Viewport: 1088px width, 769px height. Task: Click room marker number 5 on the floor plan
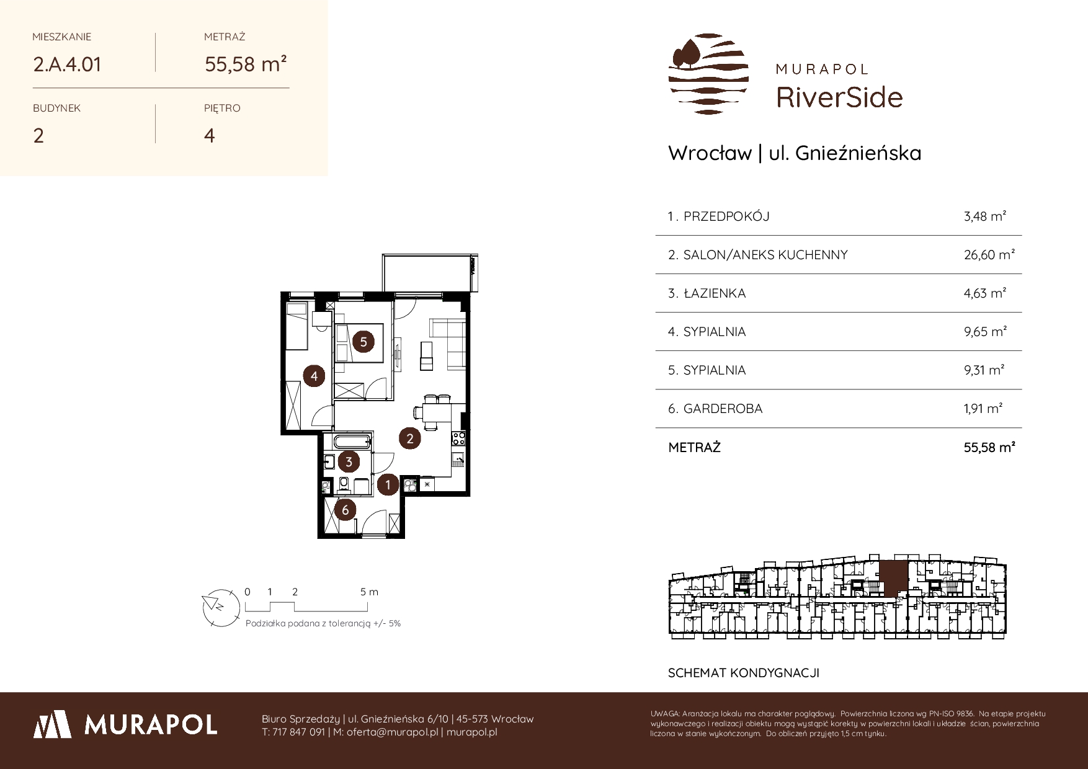[363, 342]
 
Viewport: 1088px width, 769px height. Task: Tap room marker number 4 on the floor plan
[314, 376]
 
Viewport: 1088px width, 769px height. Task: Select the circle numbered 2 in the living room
[410, 439]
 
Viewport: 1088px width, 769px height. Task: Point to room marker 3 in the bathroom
[349, 462]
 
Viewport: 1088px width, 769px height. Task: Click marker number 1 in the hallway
[388, 484]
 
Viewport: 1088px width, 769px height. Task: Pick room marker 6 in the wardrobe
[346, 510]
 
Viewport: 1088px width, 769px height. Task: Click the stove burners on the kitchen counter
[458, 438]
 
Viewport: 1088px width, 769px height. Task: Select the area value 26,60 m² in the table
[989, 254]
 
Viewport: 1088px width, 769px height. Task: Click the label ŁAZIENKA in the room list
[715, 293]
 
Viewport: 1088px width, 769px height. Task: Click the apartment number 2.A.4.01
[67, 64]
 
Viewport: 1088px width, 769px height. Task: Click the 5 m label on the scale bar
[369, 592]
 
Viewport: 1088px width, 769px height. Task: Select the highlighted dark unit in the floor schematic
[893, 578]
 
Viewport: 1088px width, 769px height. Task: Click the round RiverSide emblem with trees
[708, 74]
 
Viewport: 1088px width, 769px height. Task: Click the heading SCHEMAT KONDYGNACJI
[744, 673]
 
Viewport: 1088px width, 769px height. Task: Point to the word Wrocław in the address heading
[710, 153]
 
